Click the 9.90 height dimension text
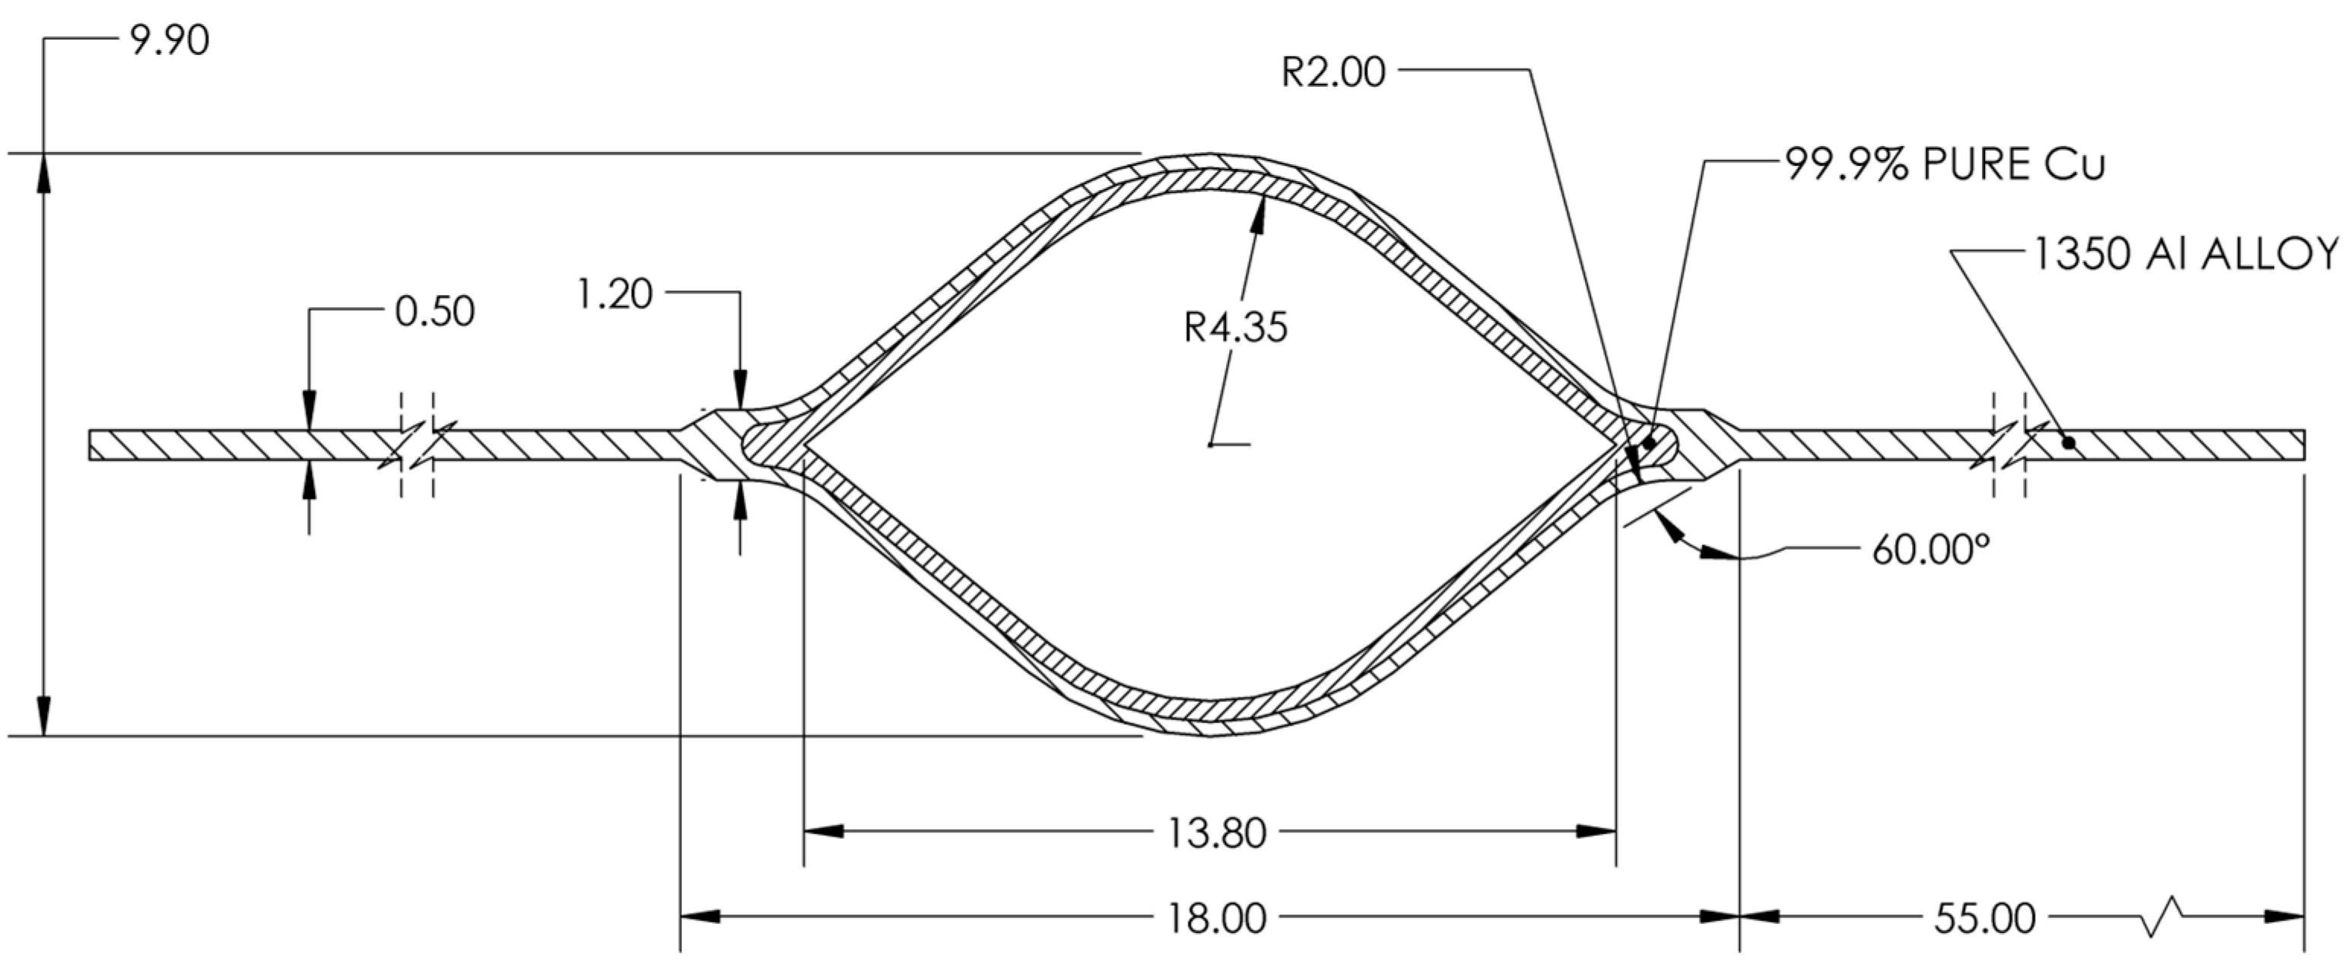click(170, 41)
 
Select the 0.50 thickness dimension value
click(434, 312)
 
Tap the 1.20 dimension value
click(614, 294)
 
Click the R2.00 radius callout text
click(1333, 72)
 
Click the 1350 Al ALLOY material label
click(2186, 255)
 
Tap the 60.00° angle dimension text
click(1930, 550)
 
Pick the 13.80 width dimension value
click(1217, 833)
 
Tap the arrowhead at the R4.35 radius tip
click(1261, 208)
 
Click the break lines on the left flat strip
click(417, 445)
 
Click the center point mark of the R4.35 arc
click(1211, 444)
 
